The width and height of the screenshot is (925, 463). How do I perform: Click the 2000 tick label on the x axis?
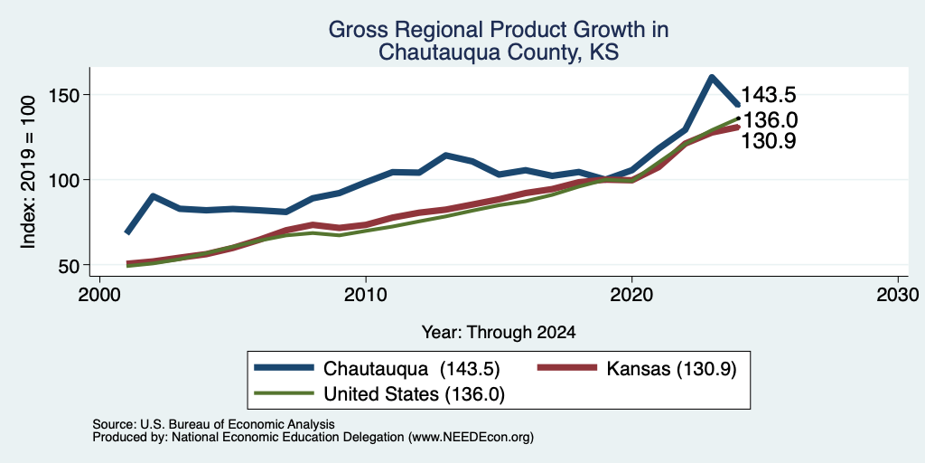99,295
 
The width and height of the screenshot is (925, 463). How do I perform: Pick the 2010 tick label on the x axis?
366,295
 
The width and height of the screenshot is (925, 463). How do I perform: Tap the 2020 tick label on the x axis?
631,295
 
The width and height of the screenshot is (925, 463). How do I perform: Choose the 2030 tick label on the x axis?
898,295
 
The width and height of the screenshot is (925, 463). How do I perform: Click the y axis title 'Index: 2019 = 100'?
28,172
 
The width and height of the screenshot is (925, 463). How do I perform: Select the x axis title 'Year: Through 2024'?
499,333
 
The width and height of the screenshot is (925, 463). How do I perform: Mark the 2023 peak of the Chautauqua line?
712,78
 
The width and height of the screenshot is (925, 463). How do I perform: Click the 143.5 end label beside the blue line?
769,94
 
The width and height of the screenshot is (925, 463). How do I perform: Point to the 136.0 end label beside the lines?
770,120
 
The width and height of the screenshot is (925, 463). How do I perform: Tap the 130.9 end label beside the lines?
768,141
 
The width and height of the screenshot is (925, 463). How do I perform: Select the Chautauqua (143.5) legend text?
412,369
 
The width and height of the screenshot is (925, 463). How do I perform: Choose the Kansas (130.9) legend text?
671,369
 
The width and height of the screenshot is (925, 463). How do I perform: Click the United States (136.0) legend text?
414,394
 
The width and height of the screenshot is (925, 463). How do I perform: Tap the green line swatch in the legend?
283,393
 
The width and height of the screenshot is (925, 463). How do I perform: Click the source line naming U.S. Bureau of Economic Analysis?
213,424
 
